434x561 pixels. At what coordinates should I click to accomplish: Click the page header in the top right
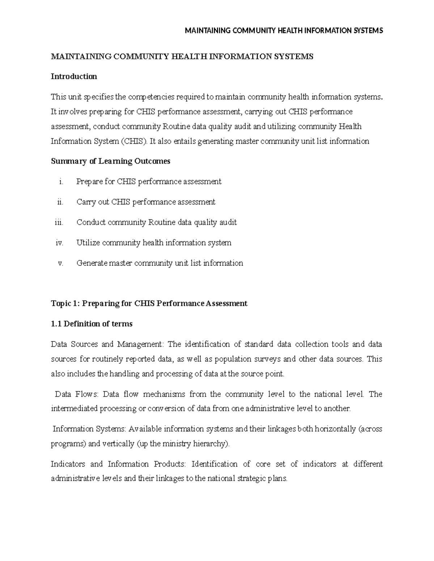[x=284, y=31]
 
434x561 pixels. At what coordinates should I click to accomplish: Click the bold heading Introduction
[x=74, y=77]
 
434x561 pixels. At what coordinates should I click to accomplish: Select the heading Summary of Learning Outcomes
[x=110, y=161]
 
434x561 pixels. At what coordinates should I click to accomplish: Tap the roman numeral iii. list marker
[x=59, y=223]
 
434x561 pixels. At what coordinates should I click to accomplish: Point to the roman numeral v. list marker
[x=60, y=263]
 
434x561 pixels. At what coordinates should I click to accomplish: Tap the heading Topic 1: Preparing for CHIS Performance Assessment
[x=149, y=303]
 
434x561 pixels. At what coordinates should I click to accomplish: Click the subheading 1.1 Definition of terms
[x=92, y=324]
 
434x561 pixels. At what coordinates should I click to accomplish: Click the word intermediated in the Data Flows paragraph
[x=74, y=409]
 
